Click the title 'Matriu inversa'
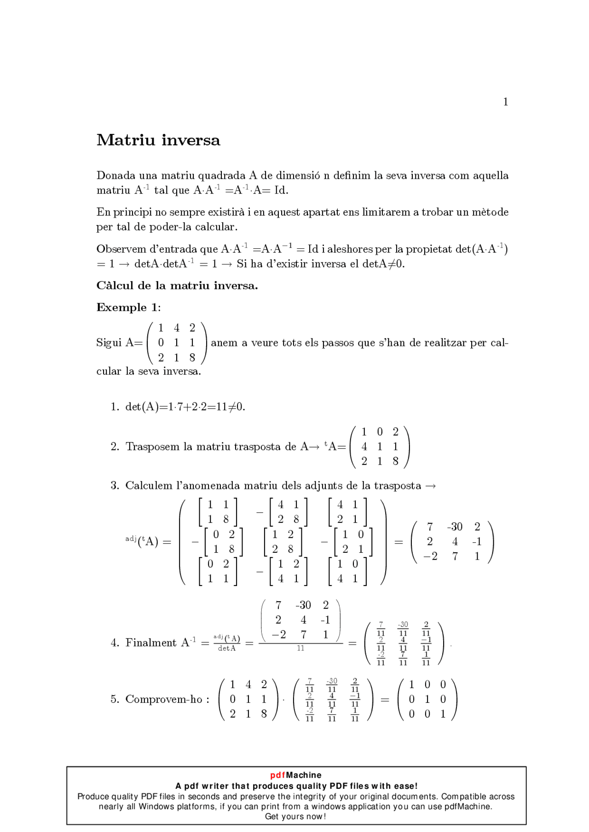click(158, 140)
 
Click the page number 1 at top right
click(505, 102)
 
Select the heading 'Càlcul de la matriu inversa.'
click(177, 286)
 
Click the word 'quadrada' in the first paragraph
click(221, 176)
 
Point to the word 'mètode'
click(490, 212)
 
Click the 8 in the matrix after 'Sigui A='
click(192, 357)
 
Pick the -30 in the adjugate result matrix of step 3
click(455, 527)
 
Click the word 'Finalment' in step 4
click(151, 643)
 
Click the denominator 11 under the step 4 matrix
click(300, 648)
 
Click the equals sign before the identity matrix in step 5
click(385, 700)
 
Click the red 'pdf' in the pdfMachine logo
click(278, 775)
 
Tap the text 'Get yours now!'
click(295, 816)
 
